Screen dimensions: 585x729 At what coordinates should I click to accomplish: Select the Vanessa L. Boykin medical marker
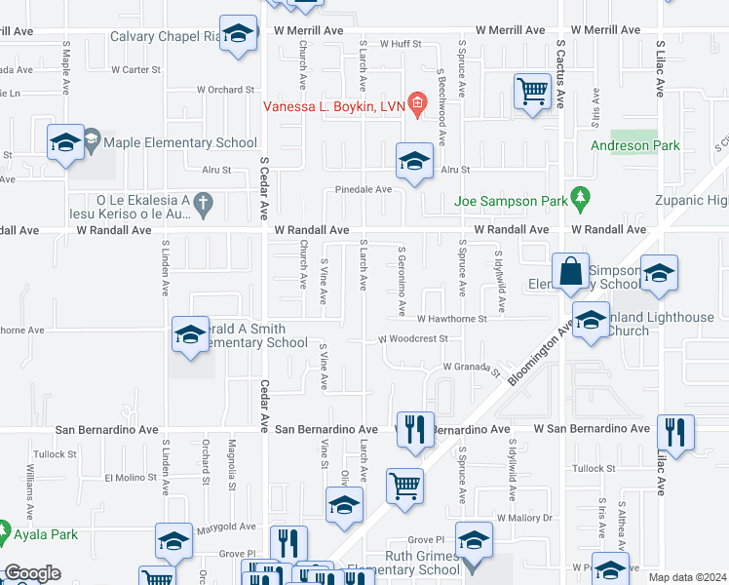tap(417, 101)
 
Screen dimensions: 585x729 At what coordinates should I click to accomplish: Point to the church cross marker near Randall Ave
tap(203, 204)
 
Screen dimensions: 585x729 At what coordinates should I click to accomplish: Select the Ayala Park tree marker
tap(7, 533)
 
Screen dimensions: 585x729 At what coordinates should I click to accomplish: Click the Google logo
tap(31, 573)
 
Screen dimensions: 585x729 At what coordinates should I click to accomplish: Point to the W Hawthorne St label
tap(452, 319)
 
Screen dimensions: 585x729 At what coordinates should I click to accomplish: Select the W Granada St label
tap(471, 368)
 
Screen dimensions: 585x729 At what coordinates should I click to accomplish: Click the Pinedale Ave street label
tap(364, 190)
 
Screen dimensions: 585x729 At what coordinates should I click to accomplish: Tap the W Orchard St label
tap(225, 90)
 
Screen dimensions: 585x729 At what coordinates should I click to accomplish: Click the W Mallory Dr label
tap(524, 518)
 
